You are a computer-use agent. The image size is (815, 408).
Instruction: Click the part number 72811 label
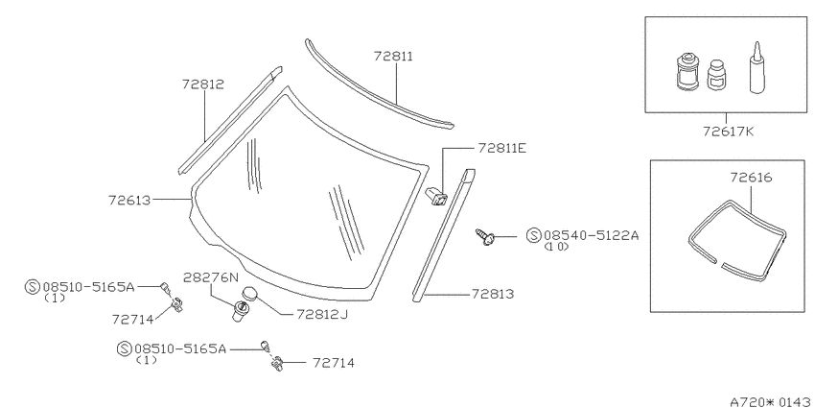(x=393, y=57)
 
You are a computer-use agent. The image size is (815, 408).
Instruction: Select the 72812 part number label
(x=202, y=84)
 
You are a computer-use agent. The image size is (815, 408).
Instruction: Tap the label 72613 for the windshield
(x=129, y=200)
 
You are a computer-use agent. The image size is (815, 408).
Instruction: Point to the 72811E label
(x=502, y=148)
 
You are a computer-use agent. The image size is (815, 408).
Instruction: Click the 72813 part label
(x=493, y=294)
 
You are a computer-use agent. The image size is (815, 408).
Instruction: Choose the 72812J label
(x=322, y=314)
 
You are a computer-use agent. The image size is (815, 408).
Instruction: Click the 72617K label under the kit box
(x=728, y=132)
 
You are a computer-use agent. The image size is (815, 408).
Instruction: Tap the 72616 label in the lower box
(x=751, y=178)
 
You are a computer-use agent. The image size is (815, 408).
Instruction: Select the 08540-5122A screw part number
(x=591, y=236)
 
